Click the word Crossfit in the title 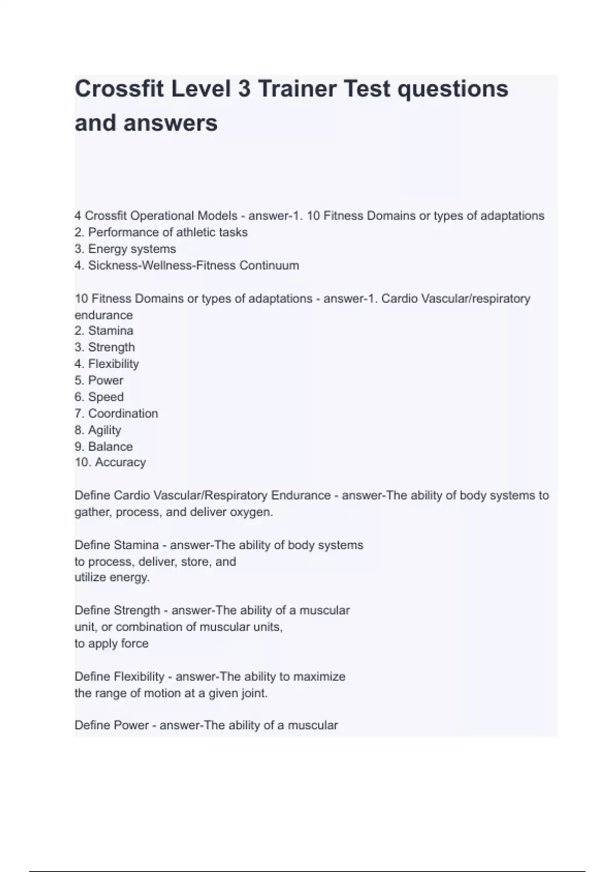click(x=119, y=89)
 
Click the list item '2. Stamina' click(x=104, y=331)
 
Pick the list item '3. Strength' click(x=105, y=347)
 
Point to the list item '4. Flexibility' click(x=107, y=364)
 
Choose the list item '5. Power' click(x=99, y=380)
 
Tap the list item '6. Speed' click(x=99, y=397)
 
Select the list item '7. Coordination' click(x=116, y=413)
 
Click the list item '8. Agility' click(x=98, y=430)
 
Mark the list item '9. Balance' click(x=104, y=446)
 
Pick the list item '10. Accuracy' click(x=110, y=462)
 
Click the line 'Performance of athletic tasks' click(x=168, y=232)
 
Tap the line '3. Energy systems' click(x=125, y=249)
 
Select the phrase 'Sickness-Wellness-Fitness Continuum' click(x=193, y=265)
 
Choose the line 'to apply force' click(x=111, y=643)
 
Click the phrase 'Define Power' click(x=111, y=725)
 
